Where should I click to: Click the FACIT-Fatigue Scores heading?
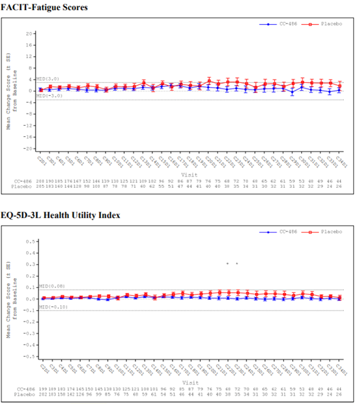click(44, 7)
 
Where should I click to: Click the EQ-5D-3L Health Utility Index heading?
click(60, 215)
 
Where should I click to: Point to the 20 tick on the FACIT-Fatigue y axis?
click(30, 33)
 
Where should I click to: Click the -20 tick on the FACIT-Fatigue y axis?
click(28, 148)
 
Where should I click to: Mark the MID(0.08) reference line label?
click(49, 286)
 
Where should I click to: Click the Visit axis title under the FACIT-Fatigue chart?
click(189, 173)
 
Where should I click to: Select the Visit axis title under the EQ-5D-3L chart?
click(189, 382)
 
